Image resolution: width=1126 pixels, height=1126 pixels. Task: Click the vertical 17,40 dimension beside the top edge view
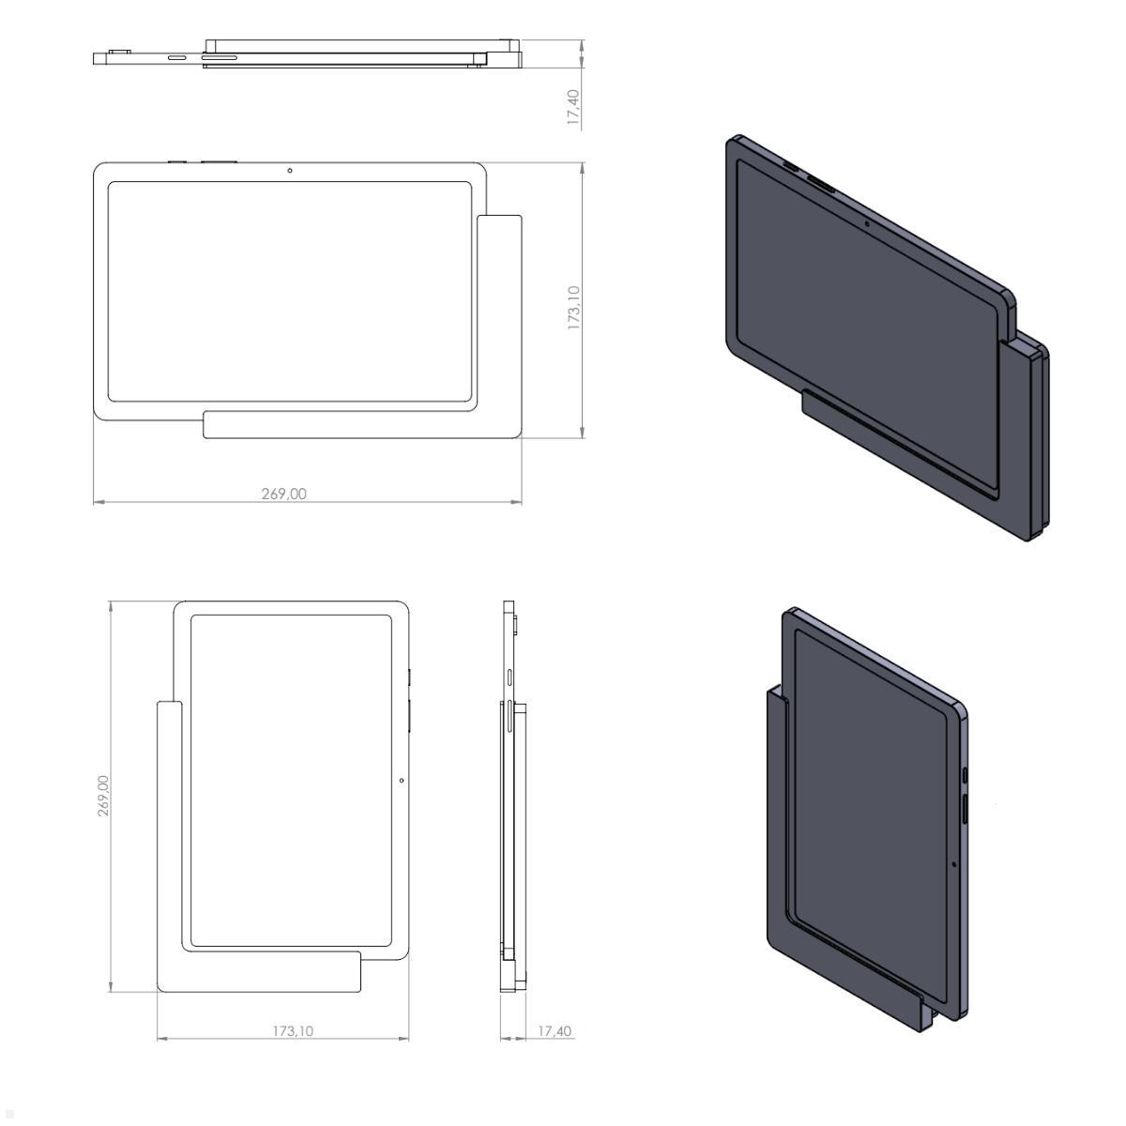click(573, 107)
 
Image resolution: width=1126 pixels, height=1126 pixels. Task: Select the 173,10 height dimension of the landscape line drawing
click(573, 308)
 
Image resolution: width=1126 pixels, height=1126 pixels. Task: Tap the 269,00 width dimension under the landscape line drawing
click(283, 494)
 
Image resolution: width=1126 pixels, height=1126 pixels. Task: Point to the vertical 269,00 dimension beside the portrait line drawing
click(103, 796)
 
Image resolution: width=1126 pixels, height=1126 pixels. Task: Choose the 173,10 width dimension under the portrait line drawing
click(293, 1030)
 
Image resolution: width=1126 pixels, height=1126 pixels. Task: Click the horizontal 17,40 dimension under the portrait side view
click(554, 1030)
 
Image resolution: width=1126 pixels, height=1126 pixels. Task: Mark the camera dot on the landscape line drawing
click(290, 170)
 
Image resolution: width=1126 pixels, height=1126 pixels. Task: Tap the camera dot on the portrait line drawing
click(402, 780)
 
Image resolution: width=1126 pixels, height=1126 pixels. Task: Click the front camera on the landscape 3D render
click(866, 222)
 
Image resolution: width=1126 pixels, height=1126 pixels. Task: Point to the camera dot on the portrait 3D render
click(954, 863)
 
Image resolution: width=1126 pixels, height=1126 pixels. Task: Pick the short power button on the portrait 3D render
click(966, 774)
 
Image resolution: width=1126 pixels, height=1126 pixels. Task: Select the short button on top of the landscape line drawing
click(176, 161)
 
